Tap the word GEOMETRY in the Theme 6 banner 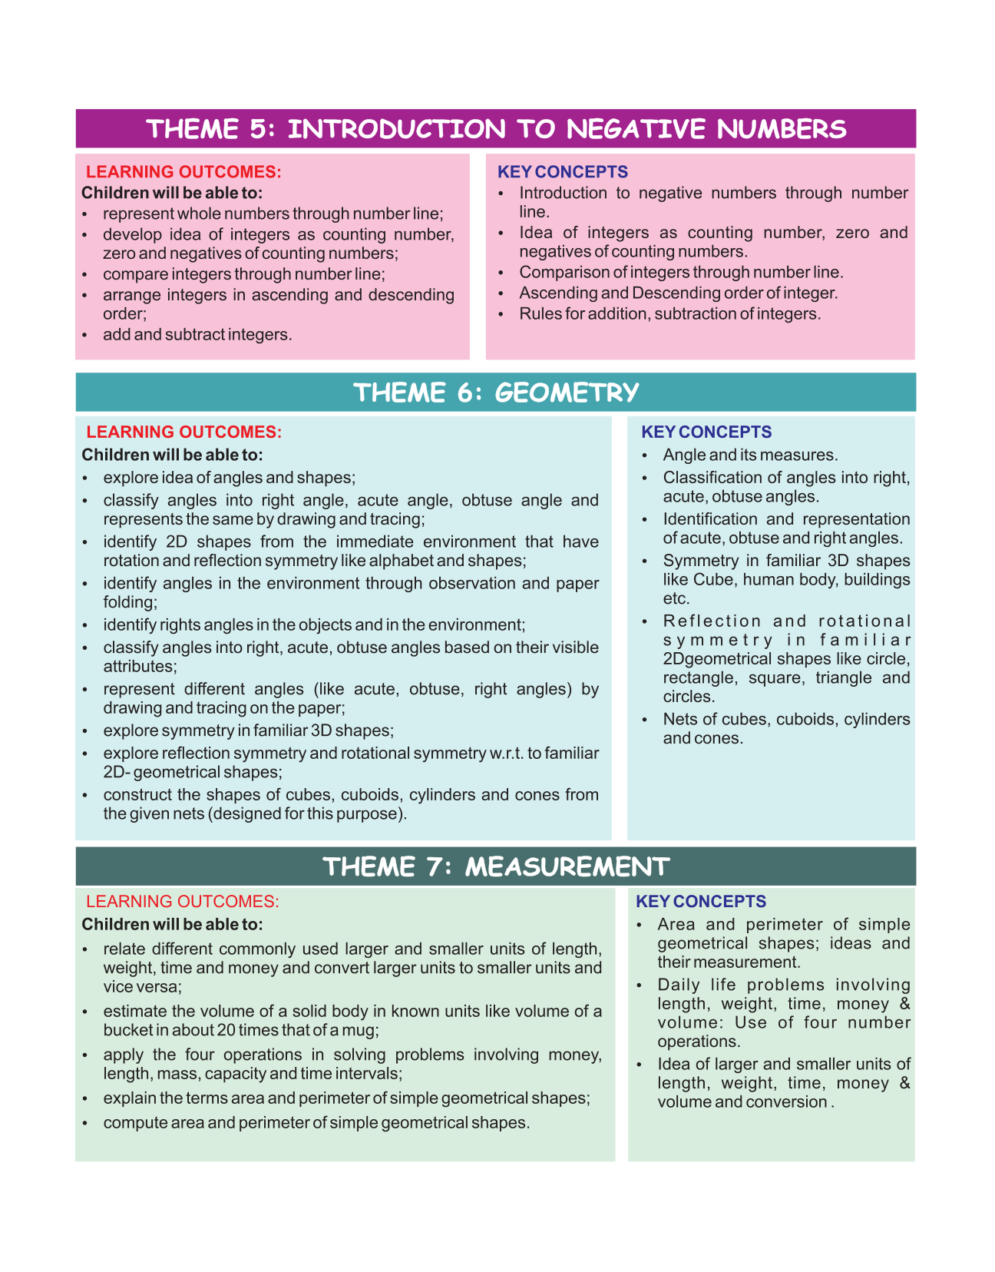(x=567, y=393)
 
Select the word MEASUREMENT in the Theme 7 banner (x=567, y=866)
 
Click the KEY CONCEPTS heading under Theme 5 (x=563, y=172)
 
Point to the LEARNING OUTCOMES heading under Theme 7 (x=183, y=902)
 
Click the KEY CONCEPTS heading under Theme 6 (x=706, y=432)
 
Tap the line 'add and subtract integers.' (x=197, y=335)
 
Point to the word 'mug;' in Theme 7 (x=360, y=1030)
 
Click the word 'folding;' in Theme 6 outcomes (x=130, y=602)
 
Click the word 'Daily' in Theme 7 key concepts (x=676, y=985)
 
